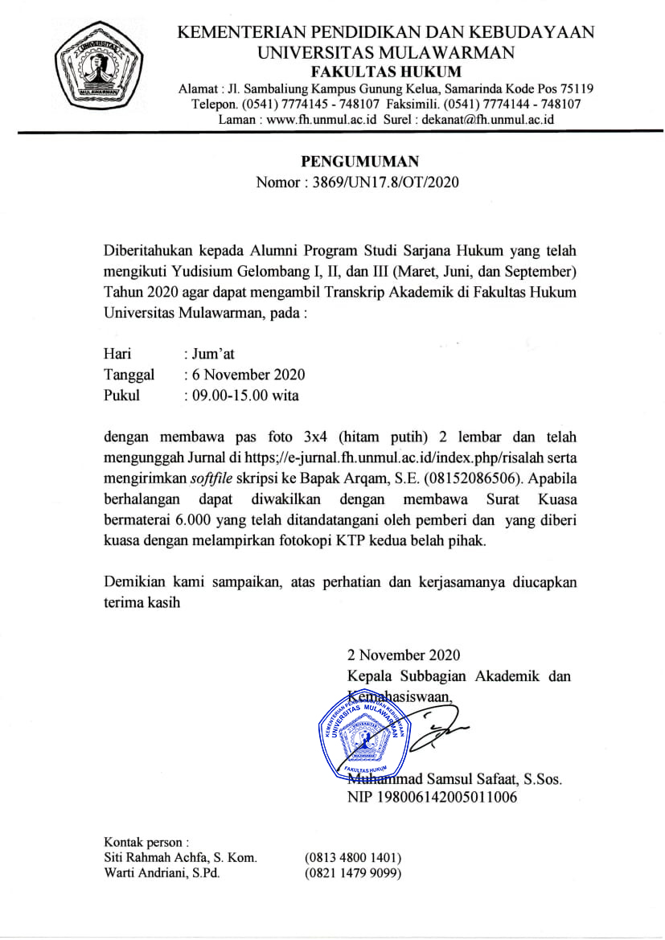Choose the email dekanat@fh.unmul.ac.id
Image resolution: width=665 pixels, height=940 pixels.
coord(488,119)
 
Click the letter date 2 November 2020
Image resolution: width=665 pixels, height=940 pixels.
coord(404,655)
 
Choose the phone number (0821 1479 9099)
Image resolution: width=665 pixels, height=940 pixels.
coord(353,873)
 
